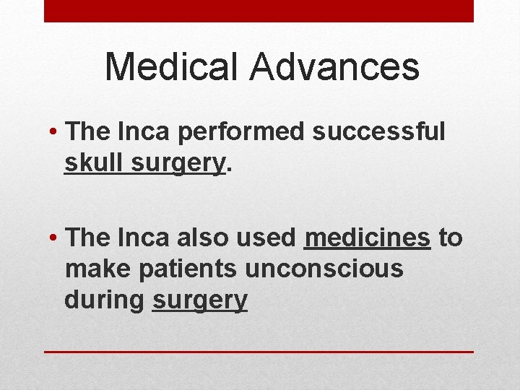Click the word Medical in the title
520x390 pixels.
[x=172, y=67]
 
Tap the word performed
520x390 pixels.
[x=238, y=131]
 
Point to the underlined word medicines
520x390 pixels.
[x=368, y=238]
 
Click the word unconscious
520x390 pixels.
[x=324, y=269]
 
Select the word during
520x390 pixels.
[x=105, y=300]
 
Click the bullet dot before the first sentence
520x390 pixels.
[x=54, y=133]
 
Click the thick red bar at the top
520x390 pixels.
[x=259, y=11]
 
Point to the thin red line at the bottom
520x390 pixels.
[x=259, y=351]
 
